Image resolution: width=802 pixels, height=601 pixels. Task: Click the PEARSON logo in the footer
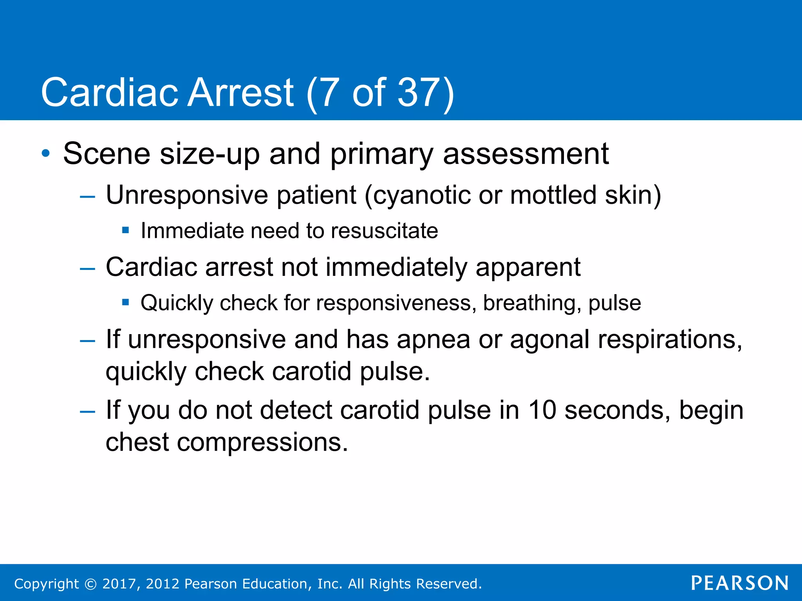click(x=739, y=583)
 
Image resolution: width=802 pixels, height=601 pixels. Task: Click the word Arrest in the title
click(x=240, y=92)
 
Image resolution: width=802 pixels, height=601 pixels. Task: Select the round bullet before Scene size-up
click(x=46, y=153)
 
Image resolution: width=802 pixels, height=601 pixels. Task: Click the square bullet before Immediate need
click(x=125, y=230)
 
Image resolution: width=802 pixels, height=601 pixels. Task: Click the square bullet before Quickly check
click(x=125, y=302)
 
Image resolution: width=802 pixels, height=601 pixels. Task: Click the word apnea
click(x=433, y=340)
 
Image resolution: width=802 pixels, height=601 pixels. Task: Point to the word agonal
click(x=549, y=340)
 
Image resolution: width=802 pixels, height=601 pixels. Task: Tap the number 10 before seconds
click(x=542, y=410)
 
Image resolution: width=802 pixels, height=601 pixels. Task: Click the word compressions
click(x=262, y=443)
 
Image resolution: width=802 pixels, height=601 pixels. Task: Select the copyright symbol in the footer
click(x=90, y=584)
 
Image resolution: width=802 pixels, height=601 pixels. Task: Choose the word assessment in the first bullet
click(x=526, y=153)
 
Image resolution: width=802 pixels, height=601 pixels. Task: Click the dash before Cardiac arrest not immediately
click(x=87, y=269)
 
